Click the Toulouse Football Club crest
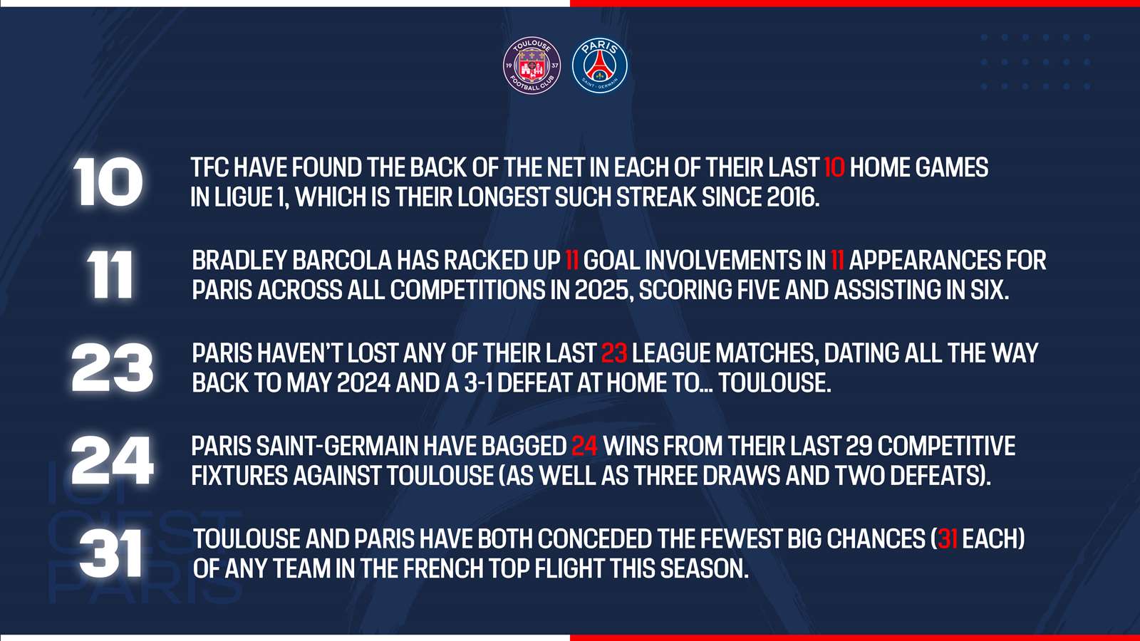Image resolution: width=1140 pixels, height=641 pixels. click(x=532, y=65)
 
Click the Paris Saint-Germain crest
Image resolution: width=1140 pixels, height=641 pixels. click(x=599, y=65)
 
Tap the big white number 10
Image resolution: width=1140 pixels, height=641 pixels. click(x=108, y=182)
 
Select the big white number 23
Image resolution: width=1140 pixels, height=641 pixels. click(x=112, y=368)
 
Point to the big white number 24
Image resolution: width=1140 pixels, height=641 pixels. click(x=112, y=460)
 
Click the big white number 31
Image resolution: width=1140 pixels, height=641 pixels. click(x=110, y=553)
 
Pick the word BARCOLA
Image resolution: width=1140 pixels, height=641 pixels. click(x=342, y=261)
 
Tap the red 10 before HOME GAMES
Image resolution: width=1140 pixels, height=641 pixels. click(x=834, y=167)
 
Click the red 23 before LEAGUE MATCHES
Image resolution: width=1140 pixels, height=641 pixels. click(x=613, y=353)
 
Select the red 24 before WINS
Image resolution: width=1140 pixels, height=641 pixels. click(x=584, y=446)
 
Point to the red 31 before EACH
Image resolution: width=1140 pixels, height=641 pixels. click(x=947, y=539)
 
